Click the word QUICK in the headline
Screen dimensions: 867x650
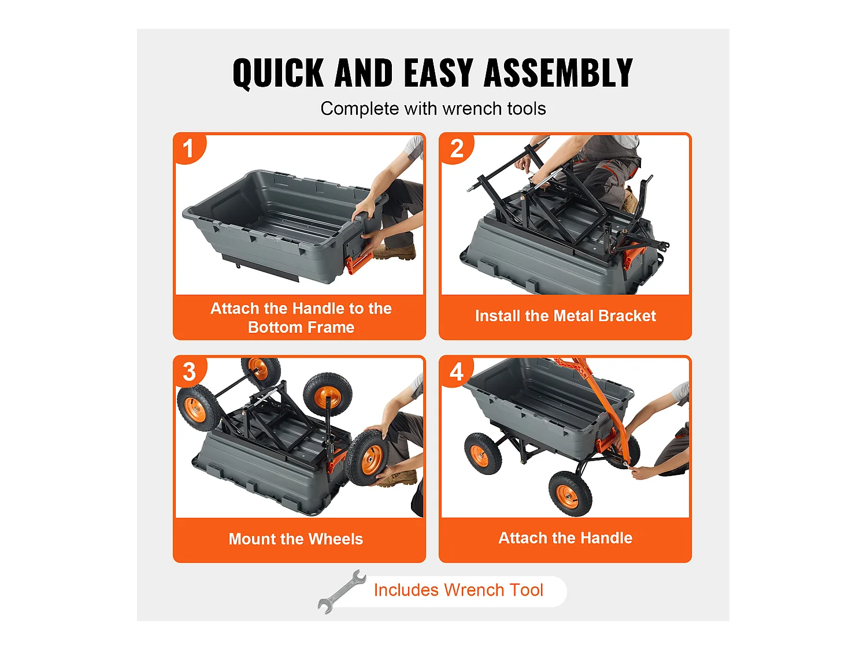tap(278, 73)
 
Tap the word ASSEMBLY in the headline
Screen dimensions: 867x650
tap(558, 73)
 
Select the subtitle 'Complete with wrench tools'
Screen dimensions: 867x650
tap(433, 109)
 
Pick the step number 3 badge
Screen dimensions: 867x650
tap(190, 372)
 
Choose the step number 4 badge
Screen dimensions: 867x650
tap(457, 372)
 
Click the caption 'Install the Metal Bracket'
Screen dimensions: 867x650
tap(565, 315)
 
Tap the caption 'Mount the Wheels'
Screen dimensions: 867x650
tap(295, 538)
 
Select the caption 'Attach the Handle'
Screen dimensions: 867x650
tap(565, 538)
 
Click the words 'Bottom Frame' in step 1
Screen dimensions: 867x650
tap(301, 327)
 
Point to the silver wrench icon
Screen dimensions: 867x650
tap(342, 591)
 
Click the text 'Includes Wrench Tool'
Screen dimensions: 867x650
tap(458, 590)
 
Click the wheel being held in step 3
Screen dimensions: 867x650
tap(367, 458)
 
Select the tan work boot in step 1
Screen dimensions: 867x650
tap(394, 251)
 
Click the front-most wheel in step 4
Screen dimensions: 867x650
tap(570, 494)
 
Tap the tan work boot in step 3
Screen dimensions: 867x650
tap(397, 477)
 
